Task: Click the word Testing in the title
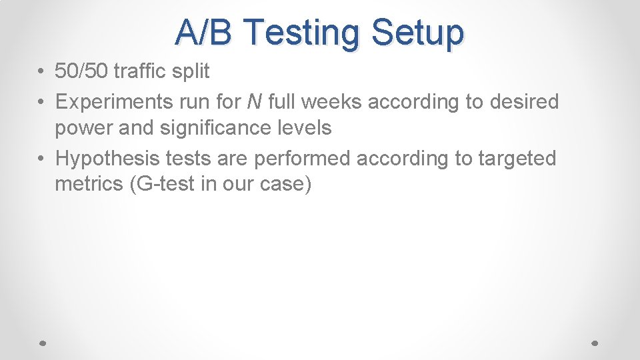coord(301,33)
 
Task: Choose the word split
coord(192,71)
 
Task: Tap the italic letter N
coord(254,102)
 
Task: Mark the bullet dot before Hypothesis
coord(41,159)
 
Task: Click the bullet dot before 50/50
coord(41,71)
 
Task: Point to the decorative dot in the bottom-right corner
coord(595,342)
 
